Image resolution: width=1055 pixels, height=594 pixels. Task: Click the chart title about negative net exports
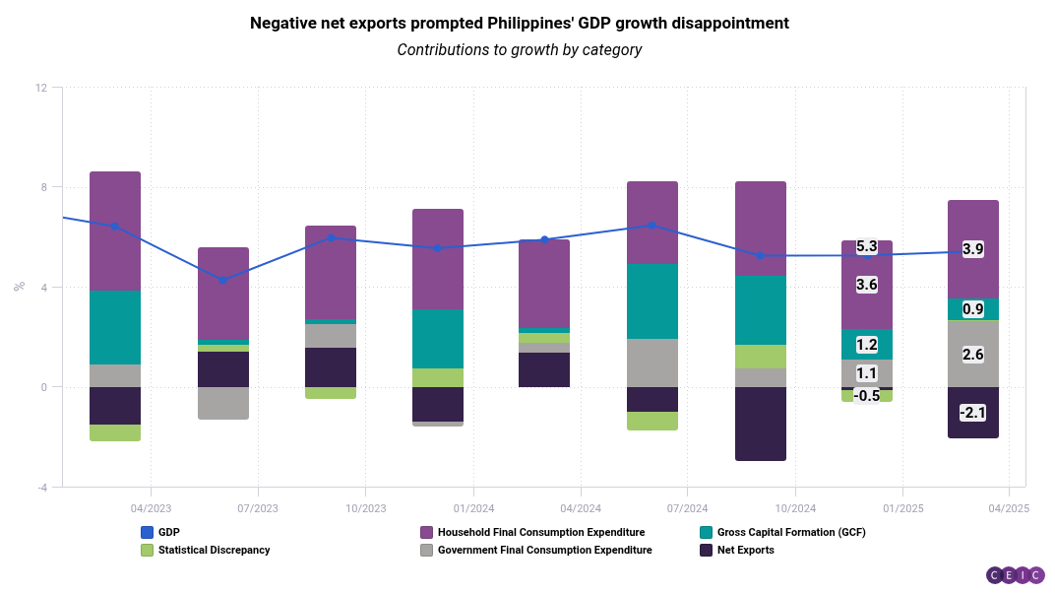(x=520, y=23)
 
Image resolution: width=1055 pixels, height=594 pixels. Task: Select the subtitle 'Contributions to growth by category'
(x=520, y=49)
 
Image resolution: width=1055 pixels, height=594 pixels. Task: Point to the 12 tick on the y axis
(x=41, y=88)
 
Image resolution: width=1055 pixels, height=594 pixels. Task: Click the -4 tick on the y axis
(x=41, y=487)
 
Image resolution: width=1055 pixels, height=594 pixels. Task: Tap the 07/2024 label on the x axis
(x=687, y=508)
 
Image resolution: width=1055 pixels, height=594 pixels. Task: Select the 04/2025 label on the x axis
(x=1009, y=508)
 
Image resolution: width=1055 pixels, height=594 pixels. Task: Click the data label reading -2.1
(x=972, y=413)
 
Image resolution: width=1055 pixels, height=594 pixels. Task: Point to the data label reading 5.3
(x=867, y=246)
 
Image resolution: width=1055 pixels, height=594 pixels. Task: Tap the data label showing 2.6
(x=972, y=355)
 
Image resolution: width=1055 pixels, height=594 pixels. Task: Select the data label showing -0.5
(x=867, y=396)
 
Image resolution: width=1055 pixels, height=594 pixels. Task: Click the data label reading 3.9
(x=972, y=249)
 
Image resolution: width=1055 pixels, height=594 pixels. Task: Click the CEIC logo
(x=1015, y=575)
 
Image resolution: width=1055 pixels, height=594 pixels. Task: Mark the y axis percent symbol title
(x=19, y=287)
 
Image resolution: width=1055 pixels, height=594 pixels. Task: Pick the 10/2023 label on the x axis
(x=365, y=508)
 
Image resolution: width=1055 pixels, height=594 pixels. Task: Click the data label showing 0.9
(x=972, y=309)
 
